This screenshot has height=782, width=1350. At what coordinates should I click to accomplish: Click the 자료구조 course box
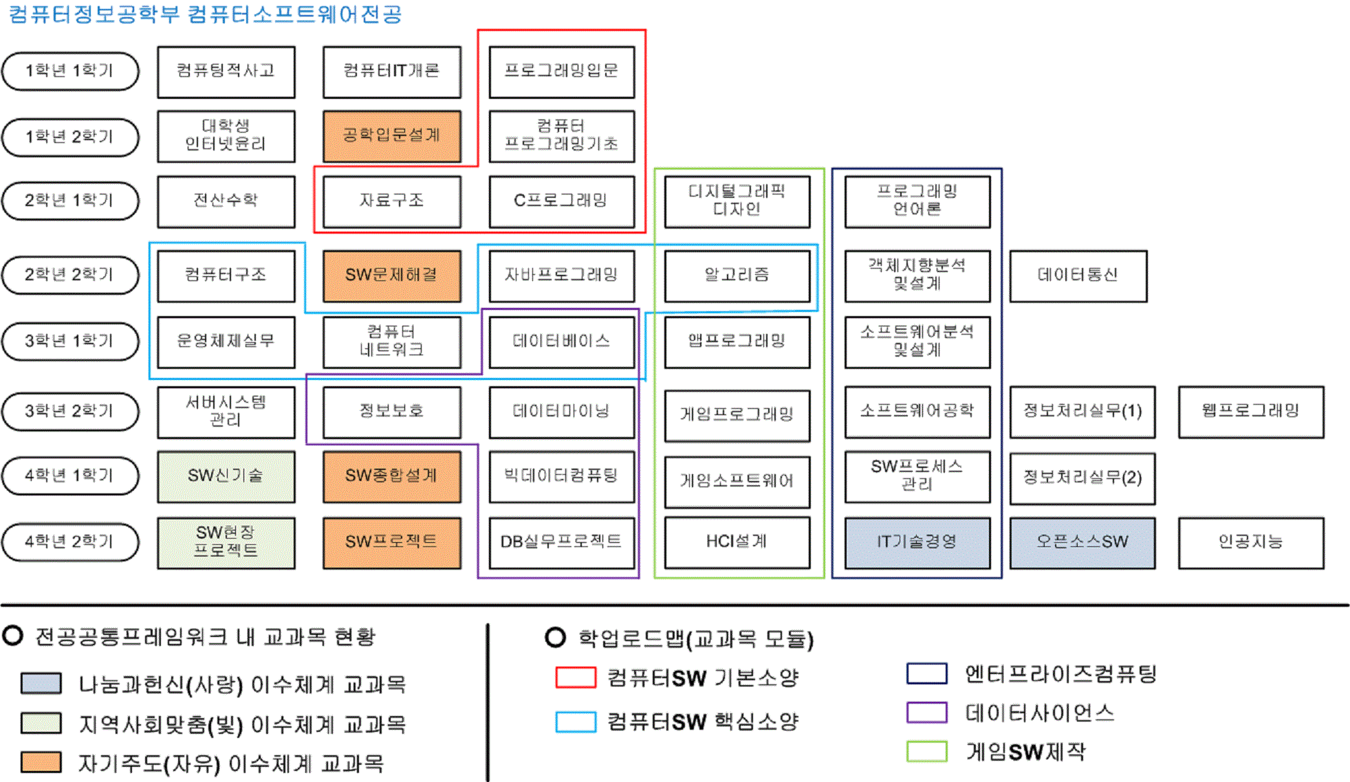391,201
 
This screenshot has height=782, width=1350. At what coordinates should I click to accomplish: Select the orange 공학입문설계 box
391,136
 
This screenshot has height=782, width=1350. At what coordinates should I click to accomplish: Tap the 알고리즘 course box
737,276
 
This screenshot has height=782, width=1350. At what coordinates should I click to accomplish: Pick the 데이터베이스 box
561,342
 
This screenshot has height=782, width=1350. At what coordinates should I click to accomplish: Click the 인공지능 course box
1250,543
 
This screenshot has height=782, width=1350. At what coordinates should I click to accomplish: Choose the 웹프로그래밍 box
1250,412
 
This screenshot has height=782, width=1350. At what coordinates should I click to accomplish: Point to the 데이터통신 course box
1078,276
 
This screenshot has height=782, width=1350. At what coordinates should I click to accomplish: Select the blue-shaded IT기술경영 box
917,543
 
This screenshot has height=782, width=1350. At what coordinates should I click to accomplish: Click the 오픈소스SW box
1082,543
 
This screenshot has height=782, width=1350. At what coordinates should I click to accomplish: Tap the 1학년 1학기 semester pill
70,71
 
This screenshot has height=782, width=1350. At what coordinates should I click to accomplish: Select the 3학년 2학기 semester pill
70,412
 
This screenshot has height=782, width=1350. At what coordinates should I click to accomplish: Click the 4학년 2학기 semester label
70,542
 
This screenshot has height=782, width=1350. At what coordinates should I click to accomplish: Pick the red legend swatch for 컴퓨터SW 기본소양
576,678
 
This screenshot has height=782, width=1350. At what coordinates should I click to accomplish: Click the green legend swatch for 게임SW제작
926,751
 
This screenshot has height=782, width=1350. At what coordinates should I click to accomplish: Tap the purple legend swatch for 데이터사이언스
926,713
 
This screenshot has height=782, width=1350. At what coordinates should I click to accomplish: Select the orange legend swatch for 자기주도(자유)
41,762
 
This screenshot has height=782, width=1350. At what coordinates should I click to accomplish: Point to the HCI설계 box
737,543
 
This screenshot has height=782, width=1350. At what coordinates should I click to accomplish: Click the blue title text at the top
205,14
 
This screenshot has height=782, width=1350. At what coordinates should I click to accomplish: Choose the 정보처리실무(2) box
1082,478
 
